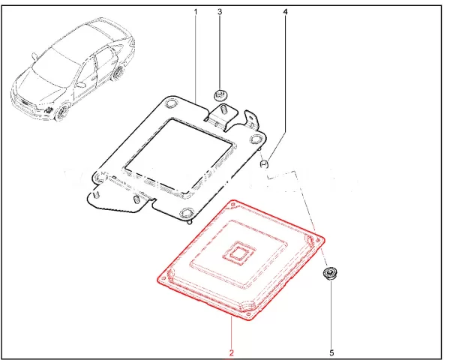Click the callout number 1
point(196,12)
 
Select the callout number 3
point(220,12)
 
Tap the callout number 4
point(285,12)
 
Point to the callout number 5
point(331,352)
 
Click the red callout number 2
point(231,352)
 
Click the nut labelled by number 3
point(220,95)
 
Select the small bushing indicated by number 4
point(264,164)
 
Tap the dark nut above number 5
point(330,273)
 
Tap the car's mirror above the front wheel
point(81,84)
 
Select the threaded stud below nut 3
point(223,110)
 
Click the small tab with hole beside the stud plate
point(252,118)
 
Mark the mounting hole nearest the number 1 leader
point(171,104)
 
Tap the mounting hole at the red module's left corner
point(163,278)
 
